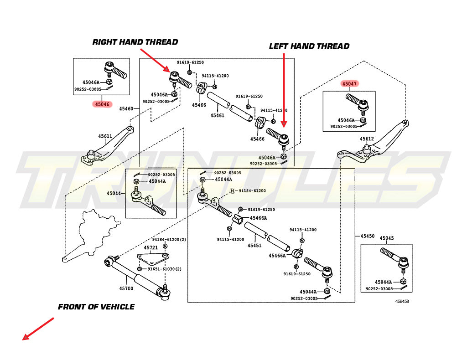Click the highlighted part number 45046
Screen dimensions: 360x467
click(102, 104)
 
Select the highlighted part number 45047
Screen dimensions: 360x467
click(350, 84)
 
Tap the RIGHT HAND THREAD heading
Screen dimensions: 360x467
click(135, 42)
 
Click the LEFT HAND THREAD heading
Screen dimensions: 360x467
click(309, 46)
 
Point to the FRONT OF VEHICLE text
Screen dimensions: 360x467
click(96, 307)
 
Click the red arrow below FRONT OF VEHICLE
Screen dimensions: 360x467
click(38, 329)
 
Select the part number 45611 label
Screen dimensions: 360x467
click(105, 136)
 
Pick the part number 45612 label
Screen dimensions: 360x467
click(367, 139)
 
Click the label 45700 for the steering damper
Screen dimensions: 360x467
click(126, 288)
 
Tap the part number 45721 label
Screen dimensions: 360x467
click(151, 248)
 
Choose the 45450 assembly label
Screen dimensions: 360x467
click(367, 236)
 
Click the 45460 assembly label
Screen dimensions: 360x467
click(126, 109)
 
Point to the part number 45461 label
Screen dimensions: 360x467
click(217, 116)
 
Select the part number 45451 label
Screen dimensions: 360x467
click(254, 246)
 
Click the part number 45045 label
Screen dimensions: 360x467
click(386, 238)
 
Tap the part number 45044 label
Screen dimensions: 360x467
click(114, 193)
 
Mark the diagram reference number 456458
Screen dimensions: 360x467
click(402, 301)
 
